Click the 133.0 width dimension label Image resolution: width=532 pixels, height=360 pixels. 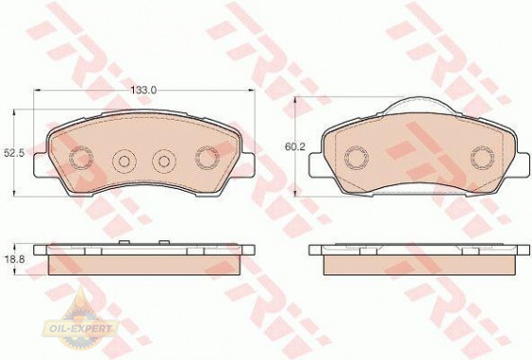click(x=143, y=90)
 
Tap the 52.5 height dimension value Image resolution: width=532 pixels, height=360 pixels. click(x=14, y=153)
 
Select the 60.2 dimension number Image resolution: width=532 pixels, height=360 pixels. click(x=295, y=147)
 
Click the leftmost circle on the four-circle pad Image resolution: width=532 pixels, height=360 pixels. click(x=82, y=158)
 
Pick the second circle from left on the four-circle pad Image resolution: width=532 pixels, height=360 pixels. click(x=124, y=161)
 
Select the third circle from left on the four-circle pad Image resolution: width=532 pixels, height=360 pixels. click(x=164, y=161)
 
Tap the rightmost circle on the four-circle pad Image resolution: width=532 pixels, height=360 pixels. click(x=207, y=158)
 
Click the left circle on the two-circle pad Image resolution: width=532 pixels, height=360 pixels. click(x=356, y=158)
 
